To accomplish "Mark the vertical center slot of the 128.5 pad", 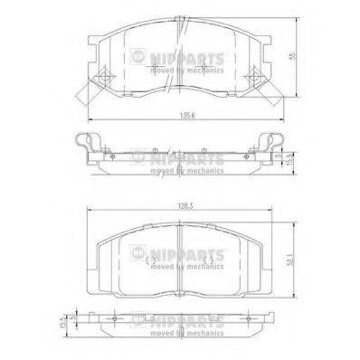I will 180,258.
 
